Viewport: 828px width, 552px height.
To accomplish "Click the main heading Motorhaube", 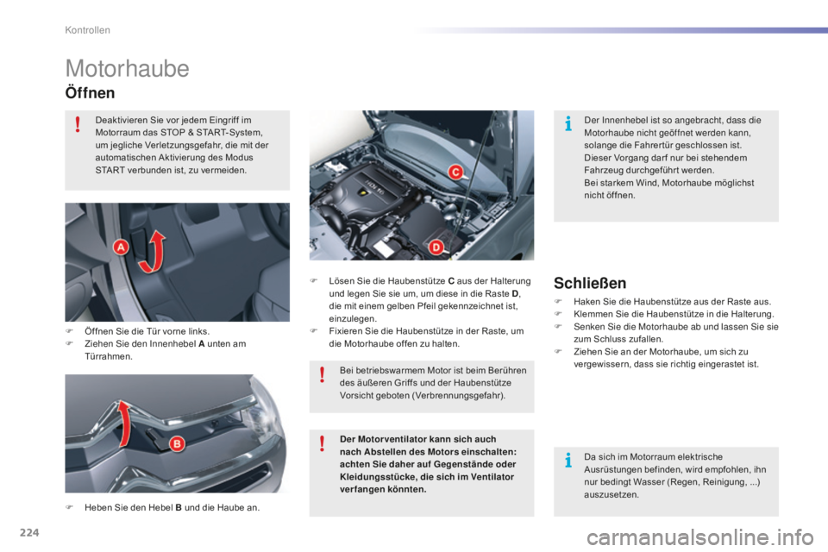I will pos(127,68).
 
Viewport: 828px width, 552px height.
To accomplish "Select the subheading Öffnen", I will pos(90,91).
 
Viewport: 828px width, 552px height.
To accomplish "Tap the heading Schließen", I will pos(591,282).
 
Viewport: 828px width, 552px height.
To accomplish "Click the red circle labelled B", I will pos(175,444).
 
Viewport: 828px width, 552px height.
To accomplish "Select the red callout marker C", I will pos(453,171).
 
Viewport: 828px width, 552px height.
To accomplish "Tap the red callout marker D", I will pos(436,248).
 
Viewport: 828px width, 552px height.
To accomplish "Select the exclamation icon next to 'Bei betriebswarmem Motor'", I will pos(322,373).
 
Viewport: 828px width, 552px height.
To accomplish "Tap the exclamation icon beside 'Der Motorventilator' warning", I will pos(322,443).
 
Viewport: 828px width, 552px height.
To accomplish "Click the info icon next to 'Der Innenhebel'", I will pos(568,126).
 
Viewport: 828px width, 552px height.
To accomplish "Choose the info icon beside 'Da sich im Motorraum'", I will pos(568,461).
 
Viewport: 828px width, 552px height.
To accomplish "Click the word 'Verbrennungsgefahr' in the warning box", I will pos(461,396).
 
